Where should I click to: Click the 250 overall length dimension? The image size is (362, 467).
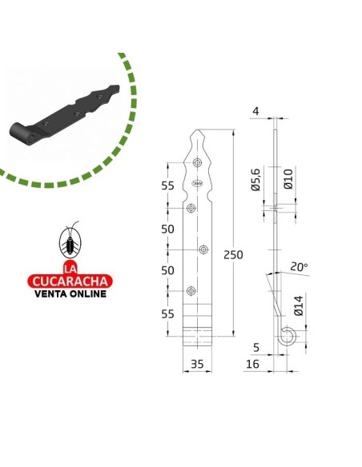234,255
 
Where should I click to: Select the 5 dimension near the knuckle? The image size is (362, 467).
256,347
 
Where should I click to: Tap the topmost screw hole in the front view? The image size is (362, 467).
198,164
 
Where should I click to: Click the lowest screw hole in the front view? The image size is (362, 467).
191,291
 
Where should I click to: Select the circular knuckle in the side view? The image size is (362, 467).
285,339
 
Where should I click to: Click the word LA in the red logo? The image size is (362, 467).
71,268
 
